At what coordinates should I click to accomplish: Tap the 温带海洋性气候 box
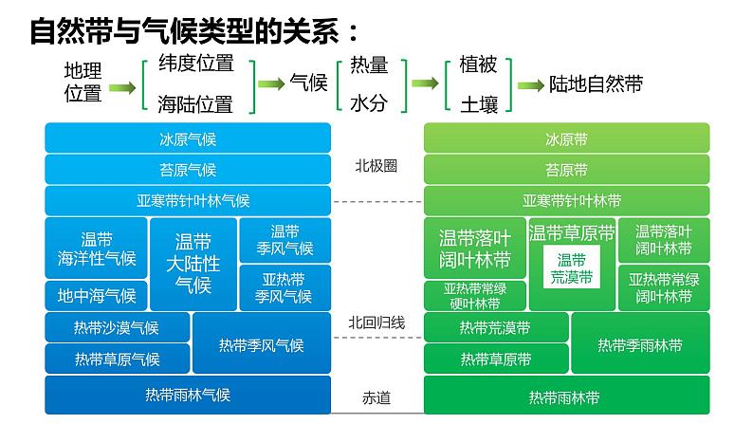[97, 249]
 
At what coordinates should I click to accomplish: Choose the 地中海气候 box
[97, 295]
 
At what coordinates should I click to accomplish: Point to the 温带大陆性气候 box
[193, 263]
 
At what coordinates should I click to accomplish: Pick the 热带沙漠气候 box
[117, 328]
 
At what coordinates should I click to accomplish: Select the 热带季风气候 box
[261, 344]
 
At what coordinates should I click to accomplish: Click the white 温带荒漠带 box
[571, 268]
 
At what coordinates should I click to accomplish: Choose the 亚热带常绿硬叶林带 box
[473, 295]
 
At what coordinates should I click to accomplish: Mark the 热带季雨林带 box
[639, 344]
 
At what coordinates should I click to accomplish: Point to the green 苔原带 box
[566, 170]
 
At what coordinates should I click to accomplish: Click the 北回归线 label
[376, 323]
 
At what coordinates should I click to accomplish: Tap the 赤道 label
[376, 396]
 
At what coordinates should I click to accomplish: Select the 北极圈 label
[376, 165]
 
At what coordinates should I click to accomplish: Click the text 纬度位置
[195, 65]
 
